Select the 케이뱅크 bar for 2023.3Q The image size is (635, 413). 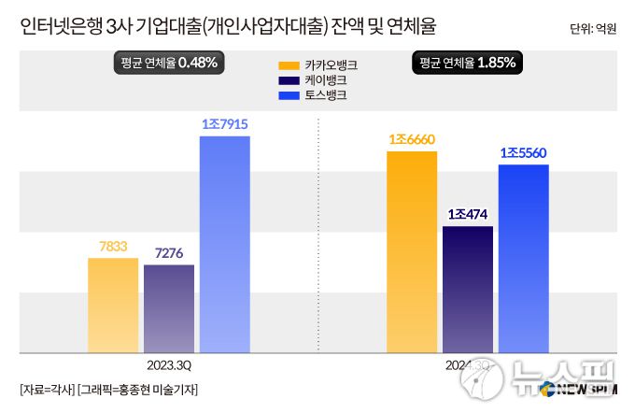pyautogui.click(x=169, y=308)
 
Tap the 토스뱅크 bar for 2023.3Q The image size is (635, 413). pyautogui.click(x=225, y=244)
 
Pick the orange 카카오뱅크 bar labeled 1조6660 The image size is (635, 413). pyautogui.click(x=412, y=251)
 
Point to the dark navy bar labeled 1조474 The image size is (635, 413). pyautogui.click(x=468, y=289)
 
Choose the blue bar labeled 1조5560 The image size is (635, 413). pyautogui.click(x=524, y=259)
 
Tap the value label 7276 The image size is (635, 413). pyautogui.click(x=169, y=252)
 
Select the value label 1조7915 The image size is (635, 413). pyautogui.click(x=224, y=123)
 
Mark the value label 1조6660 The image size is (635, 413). pyautogui.click(x=412, y=139)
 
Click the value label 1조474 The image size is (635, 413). pyautogui.click(x=468, y=214)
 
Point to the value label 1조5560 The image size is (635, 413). pyautogui.click(x=524, y=152)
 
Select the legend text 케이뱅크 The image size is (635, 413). pyautogui.click(x=327, y=81)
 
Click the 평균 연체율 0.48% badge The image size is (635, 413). pyautogui.click(x=169, y=63)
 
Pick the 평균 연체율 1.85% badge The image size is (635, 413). pyautogui.click(x=468, y=63)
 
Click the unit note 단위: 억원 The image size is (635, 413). pyautogui.click(x=593, y=29)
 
